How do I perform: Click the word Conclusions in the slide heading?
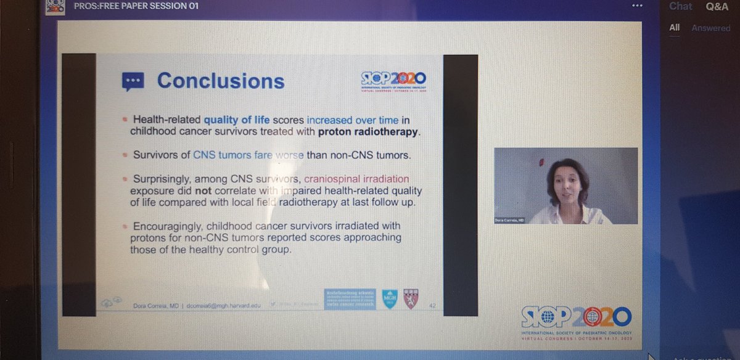tap(220, 81)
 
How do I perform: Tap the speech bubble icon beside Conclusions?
tap(133, 81)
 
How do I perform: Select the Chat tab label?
tap(680, 6)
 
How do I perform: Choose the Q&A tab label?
tap(718, 6)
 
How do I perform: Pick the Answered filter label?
tap(710, 28)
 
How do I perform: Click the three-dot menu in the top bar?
tap(637, 6)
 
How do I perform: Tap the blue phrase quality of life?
tap(237, 118)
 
